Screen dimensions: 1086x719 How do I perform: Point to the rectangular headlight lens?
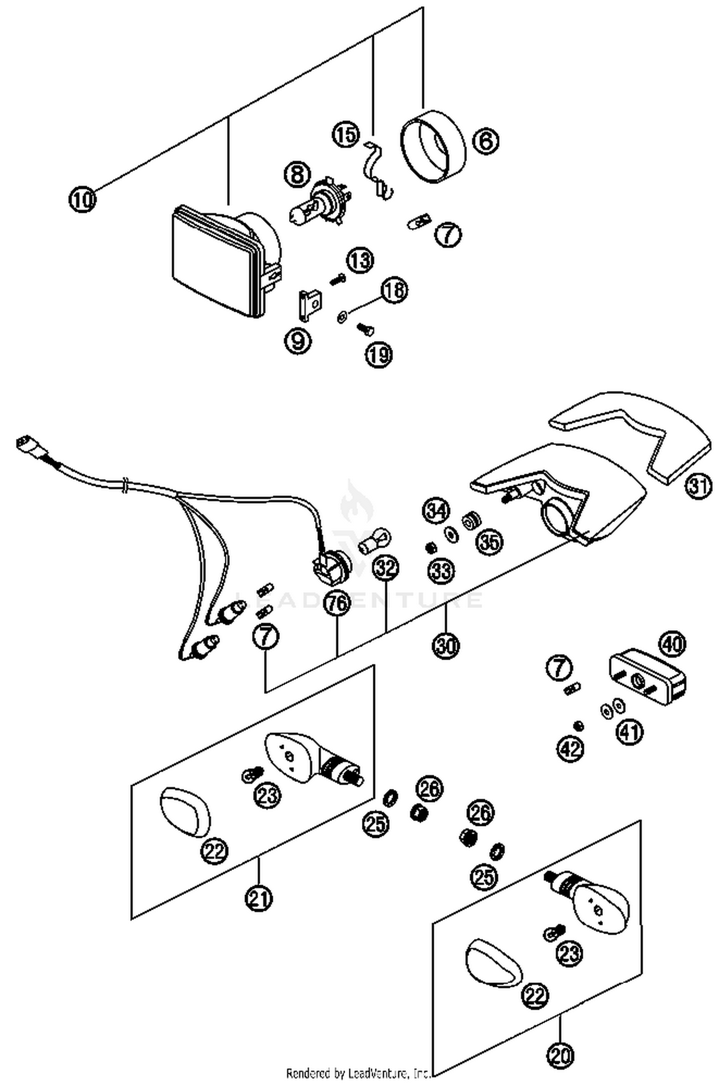(213, 263)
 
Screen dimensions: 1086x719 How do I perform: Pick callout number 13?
(360, 261)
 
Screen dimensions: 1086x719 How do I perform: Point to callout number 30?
(446, 645)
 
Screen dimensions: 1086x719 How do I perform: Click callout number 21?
(259, 897)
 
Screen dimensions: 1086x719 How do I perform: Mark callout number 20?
(560, 1053)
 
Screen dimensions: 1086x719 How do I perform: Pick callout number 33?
(441, 571)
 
